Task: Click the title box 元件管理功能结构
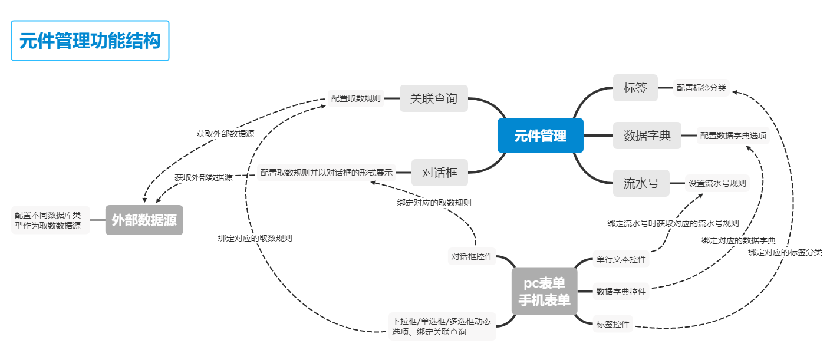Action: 90,41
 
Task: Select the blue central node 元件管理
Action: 540,136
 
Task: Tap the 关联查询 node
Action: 434,98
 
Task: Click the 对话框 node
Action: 440,173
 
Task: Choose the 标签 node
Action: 635,88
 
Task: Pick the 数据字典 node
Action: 647,136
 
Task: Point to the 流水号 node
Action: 641,183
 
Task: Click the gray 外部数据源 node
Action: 144,220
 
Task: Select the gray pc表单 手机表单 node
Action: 544,291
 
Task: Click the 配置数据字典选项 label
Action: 733,136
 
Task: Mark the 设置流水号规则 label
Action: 717,183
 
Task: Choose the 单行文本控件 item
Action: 621,259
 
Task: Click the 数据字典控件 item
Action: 621,291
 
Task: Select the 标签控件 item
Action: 613,323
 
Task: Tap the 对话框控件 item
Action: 472,256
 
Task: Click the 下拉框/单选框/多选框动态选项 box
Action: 442,326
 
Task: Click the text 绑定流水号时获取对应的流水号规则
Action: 673,223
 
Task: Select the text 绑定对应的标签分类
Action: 785,252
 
